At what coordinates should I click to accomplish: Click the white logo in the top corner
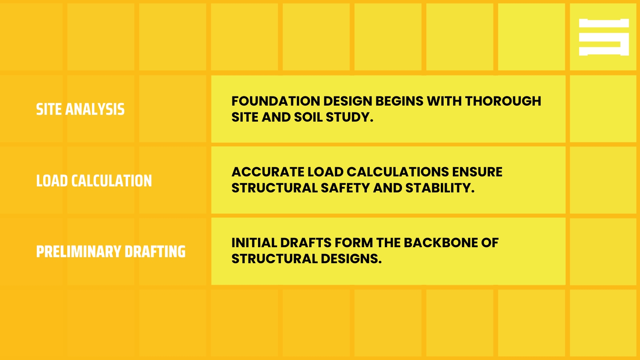pos(604,37)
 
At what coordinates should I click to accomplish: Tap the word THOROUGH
pos(503,101)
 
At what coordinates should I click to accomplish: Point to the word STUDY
pos(349,117)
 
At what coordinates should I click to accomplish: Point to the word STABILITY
pos(440,188)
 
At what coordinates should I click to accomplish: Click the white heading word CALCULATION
pos(112,181)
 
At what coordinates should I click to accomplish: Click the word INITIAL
pos(254,243)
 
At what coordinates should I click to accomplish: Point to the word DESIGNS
pos(351,259)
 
